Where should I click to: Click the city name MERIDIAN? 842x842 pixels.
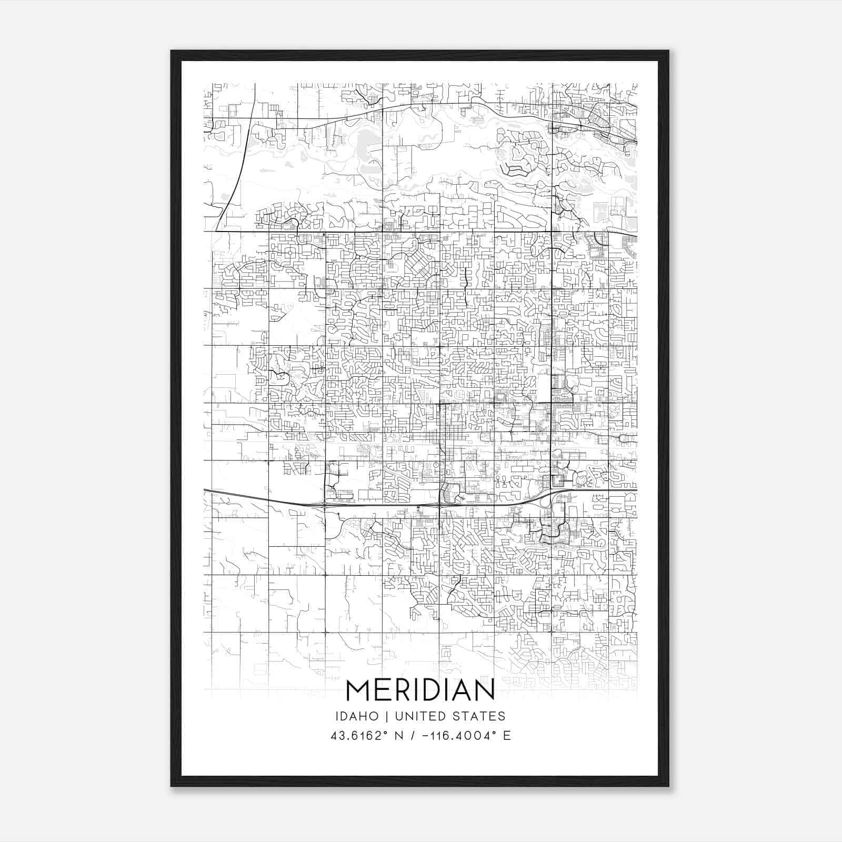click(420, 690)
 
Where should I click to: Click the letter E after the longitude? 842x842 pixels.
click(506, 736)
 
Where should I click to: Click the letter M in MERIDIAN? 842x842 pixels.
click(357, 690)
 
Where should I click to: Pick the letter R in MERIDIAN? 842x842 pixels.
click(405, 690)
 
